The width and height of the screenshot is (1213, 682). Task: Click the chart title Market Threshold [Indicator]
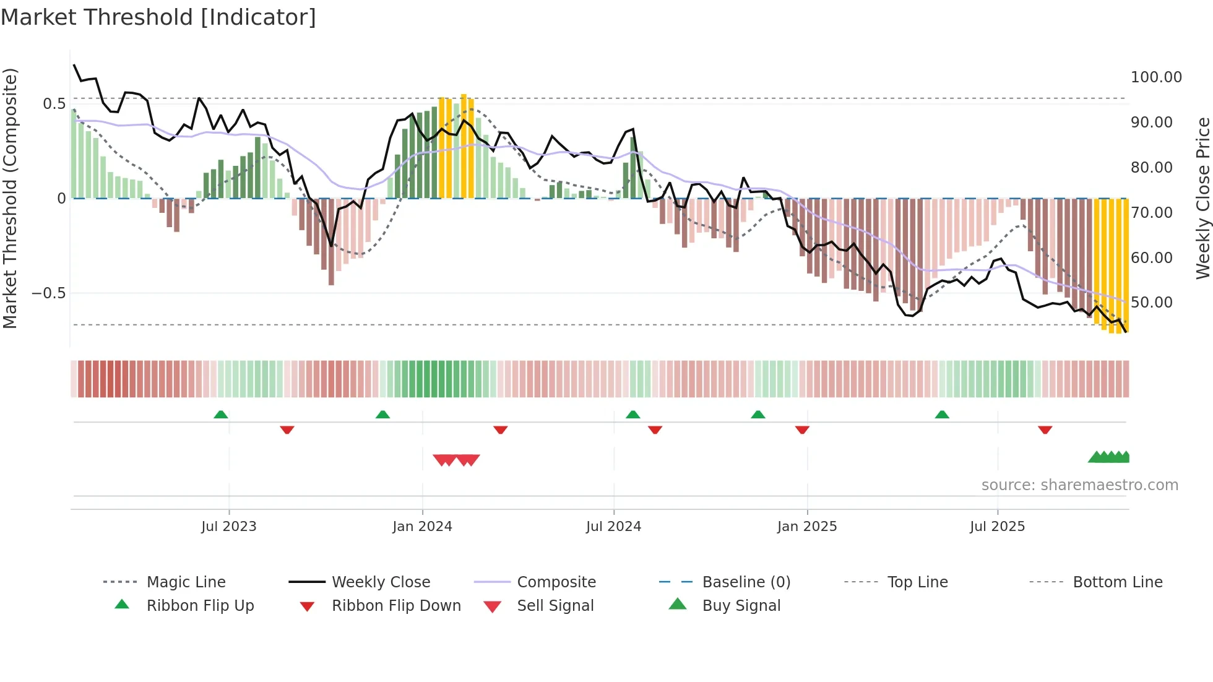158,17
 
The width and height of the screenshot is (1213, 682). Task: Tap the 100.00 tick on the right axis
1155,77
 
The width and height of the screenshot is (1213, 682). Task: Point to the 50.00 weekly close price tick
1151,303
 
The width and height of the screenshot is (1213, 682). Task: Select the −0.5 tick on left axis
49,293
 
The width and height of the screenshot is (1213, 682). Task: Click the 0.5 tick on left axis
54,104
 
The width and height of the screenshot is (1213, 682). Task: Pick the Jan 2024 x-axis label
422,527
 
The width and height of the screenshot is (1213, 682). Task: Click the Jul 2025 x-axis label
997,527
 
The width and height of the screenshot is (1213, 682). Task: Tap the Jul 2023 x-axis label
228,527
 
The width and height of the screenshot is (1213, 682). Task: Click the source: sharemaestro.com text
1079,485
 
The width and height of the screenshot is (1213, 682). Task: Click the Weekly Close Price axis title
1202,198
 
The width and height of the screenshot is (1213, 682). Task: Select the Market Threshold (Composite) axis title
10,198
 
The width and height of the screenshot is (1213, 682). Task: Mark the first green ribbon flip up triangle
221,415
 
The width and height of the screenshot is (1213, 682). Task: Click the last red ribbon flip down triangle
1045,429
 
